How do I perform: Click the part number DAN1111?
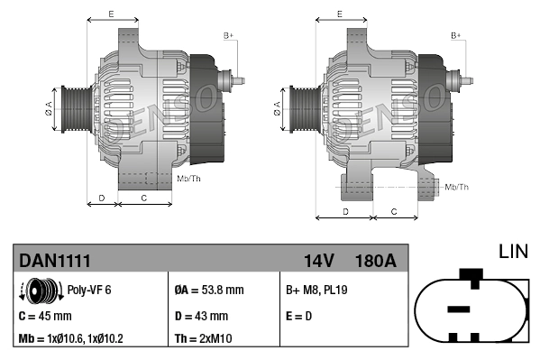54,261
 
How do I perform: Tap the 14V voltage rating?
318,261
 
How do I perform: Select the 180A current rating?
376,261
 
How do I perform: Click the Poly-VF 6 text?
89,291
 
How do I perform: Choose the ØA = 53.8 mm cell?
208,291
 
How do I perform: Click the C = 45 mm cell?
45,316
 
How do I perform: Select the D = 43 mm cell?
200,316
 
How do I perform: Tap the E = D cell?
299,316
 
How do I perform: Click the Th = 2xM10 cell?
204,340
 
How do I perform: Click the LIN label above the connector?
512,250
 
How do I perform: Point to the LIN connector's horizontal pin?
459,309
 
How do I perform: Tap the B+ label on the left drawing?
229,35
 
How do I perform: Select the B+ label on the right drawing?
456,35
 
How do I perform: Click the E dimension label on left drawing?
111,14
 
